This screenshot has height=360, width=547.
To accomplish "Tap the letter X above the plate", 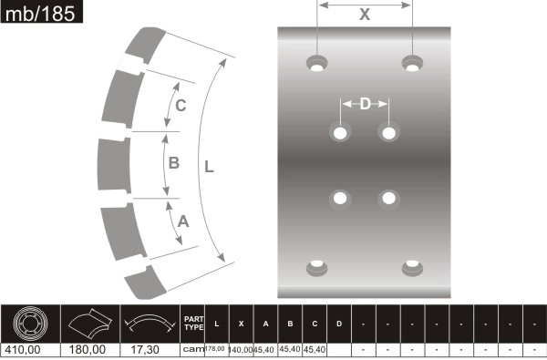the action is tap(365, 15).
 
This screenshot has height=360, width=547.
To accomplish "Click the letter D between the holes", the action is tap(365, 104).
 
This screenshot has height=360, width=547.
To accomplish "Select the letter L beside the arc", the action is tap(209, 167).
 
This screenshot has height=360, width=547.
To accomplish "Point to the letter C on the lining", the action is tap(181, 106).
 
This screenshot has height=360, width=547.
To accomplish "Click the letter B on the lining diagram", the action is tap(174, 163).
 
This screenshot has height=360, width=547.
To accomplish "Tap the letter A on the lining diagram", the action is tap(182, 221).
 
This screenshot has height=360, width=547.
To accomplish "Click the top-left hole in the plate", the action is tap(317, 64).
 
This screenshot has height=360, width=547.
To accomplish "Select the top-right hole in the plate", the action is tap(412, 64).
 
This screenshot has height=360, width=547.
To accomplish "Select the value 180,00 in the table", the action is tap(88, 349).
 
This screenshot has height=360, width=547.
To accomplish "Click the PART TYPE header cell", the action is tap(193, 323).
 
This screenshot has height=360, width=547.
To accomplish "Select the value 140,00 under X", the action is tap(240, 349).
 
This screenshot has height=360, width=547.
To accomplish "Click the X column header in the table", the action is tap(240, 324).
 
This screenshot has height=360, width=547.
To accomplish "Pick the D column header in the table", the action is tap(338, 324).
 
